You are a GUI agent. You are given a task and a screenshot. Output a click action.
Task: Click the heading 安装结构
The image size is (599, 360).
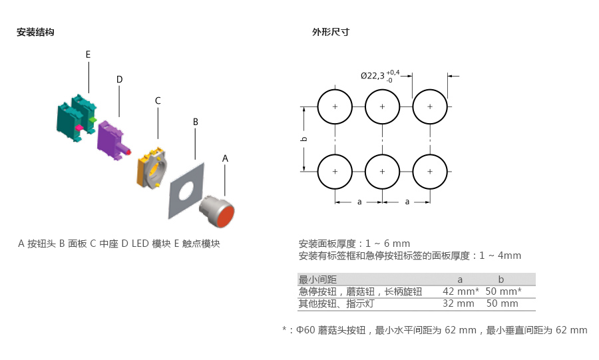coord(35,32)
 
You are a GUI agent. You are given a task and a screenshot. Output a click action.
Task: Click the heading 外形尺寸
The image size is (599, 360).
coord(331,32)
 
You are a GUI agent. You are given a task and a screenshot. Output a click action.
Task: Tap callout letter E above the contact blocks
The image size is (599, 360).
coord(88,54)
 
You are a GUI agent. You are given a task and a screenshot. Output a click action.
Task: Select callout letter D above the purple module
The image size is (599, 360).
coord(119,79)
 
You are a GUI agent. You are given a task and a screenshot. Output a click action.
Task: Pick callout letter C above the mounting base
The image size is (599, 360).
coord(158,100)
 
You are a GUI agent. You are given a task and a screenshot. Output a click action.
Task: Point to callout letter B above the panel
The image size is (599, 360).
coord(196,122)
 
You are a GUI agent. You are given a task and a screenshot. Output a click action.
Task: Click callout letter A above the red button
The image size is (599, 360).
coord(225,158)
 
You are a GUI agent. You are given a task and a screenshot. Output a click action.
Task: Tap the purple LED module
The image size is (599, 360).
coord(109,136)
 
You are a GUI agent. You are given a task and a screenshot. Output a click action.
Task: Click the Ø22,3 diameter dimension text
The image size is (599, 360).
coord(374,76)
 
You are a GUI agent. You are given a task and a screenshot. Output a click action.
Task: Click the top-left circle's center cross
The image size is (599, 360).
coord(335,106)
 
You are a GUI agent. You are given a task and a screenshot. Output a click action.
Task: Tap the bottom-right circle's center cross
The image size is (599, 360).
coord(430,172)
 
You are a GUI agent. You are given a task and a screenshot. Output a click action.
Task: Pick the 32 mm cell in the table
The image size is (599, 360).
coord(459,303)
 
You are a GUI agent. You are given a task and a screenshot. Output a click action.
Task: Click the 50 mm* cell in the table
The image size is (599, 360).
coord(503,291)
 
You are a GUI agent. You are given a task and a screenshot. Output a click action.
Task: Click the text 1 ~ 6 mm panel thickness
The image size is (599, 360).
coord(387,244)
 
